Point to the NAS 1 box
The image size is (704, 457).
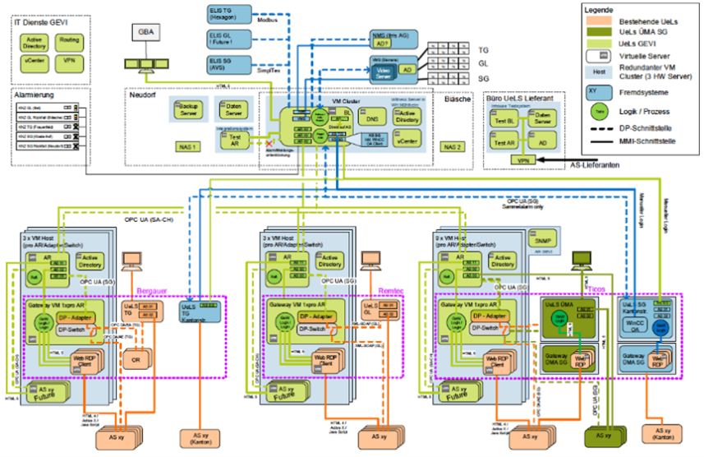187,146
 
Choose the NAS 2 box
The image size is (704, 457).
453,146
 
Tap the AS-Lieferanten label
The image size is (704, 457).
598,165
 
